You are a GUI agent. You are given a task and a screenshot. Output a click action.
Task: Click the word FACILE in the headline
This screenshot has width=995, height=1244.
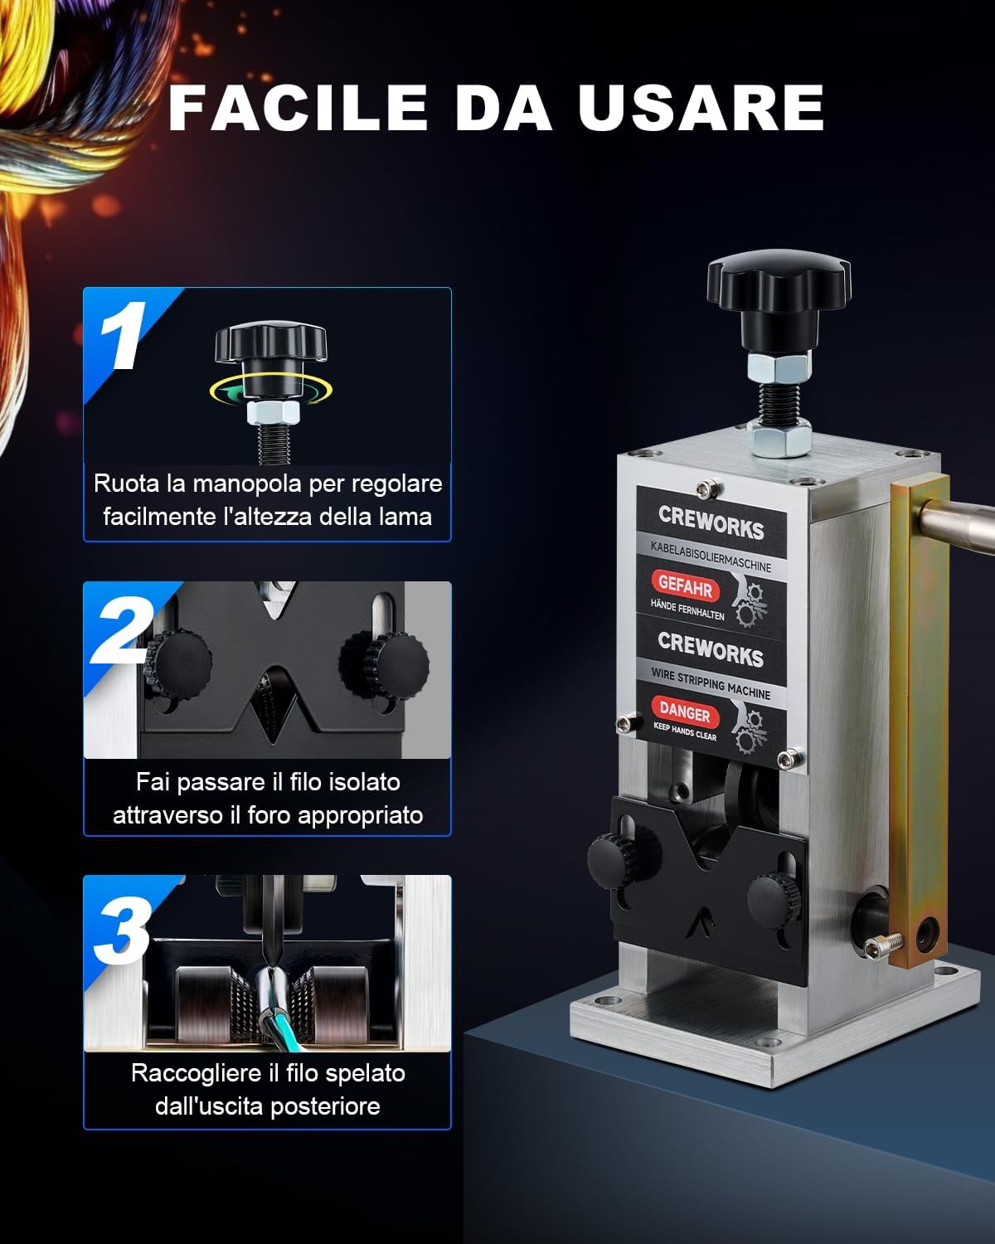tap(298, 108)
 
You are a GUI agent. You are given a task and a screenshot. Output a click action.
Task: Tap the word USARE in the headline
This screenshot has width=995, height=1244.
tap(701, 108)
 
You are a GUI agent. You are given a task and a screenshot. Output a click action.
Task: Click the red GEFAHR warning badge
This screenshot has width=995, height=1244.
tap(686, 587)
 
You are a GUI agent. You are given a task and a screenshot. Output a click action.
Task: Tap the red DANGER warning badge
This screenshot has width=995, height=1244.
tap(685, 712)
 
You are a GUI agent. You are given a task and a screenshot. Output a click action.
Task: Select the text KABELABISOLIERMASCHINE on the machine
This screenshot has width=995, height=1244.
tap(711, 557)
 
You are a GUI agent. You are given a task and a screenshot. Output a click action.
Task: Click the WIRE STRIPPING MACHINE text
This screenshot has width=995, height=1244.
tap(711, 684)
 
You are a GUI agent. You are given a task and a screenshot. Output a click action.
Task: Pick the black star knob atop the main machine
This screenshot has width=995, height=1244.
tap(779, 284)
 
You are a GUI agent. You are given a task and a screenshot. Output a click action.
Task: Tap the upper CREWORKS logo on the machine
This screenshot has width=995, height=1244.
tap(711, 522)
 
